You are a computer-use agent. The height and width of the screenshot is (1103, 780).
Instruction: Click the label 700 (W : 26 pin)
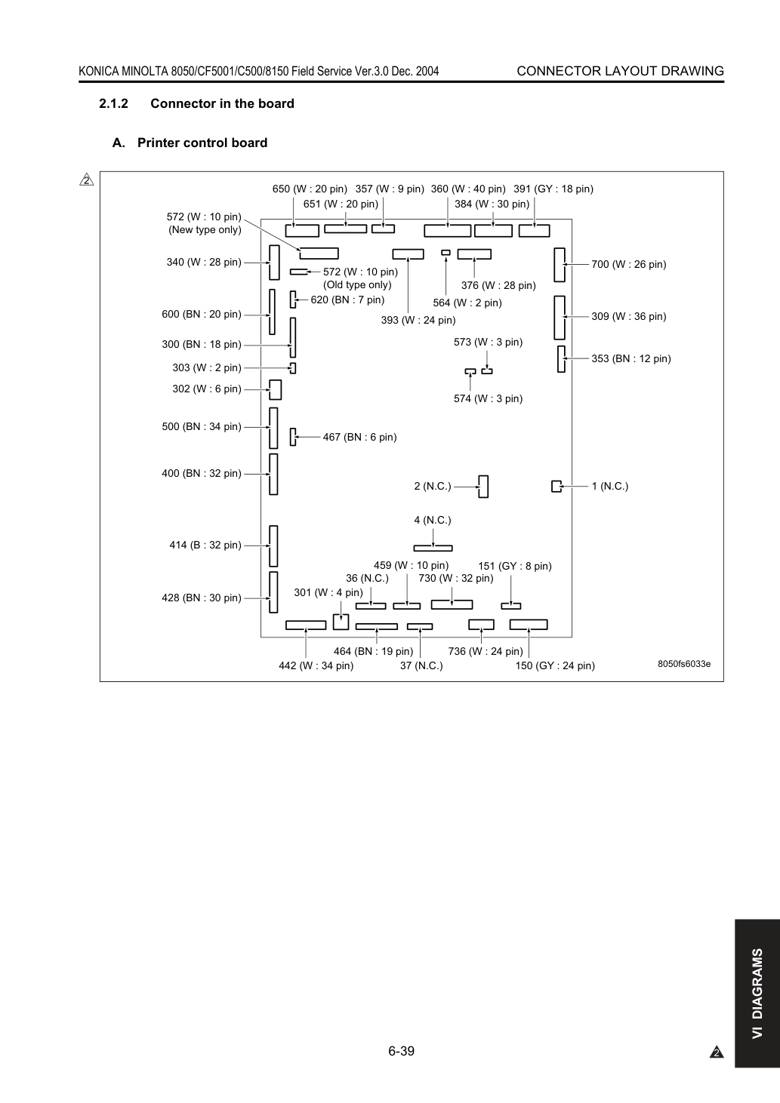pos(629,264)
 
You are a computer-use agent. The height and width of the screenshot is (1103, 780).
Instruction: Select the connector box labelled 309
pos(560,318)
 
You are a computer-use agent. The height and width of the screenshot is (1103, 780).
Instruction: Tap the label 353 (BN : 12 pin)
pos(631,358)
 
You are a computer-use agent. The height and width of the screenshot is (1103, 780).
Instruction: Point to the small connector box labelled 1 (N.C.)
pos(556,486)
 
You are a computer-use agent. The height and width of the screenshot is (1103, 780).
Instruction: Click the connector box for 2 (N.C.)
pos(483,487)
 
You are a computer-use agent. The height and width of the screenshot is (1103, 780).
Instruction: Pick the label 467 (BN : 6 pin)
pos(359,437)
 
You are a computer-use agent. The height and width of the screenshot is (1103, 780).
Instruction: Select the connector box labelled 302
pos(276,389)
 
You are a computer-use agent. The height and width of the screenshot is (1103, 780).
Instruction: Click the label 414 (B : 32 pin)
pos(205,545)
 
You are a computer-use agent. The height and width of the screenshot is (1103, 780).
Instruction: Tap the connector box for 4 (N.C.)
pos(433,548)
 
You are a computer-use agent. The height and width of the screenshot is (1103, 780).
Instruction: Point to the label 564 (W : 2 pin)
pos(467,303)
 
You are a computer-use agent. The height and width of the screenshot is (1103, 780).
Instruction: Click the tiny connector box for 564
pos(446,253)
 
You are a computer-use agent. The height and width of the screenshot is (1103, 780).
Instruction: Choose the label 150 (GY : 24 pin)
pos(555,665)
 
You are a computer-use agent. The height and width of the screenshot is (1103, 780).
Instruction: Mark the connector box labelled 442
pos(306,625)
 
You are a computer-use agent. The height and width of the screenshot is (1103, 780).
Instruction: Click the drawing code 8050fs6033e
pos(684,664)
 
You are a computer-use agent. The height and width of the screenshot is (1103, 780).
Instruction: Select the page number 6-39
pos(402,1051)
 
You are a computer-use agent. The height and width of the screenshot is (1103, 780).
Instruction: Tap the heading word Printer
pos(159,143)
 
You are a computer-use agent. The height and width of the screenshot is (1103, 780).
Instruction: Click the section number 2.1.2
pos(114,103)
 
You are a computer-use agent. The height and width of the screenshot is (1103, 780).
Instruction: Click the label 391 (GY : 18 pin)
pos(553,189)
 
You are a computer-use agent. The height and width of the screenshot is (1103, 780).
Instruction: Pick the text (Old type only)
pos(357,284)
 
